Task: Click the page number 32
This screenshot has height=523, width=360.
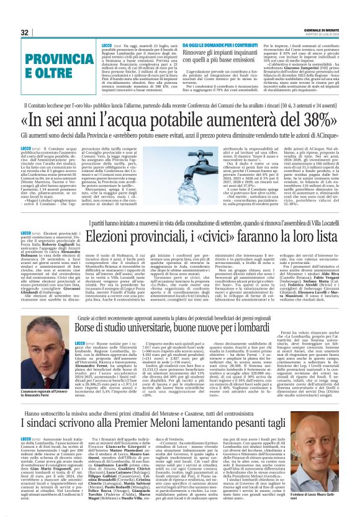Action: pos(25,33)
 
